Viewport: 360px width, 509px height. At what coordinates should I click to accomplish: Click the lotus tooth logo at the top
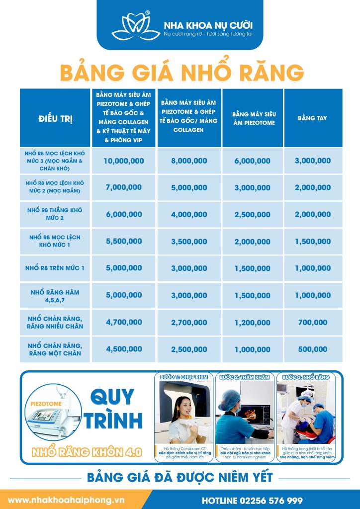click(x=133, y=25)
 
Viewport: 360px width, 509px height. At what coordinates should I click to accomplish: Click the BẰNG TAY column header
click(x=312, y=118)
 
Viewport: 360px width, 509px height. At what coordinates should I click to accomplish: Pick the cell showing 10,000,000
click(x=124, y=161)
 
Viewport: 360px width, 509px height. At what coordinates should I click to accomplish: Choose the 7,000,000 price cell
click(x=124, y=187)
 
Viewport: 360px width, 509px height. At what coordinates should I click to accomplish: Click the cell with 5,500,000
click(x=124, y=242)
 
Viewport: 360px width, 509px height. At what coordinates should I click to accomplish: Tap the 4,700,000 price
click(x=124, y=323)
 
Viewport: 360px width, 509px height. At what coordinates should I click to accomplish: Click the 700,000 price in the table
click(x=312, y=323)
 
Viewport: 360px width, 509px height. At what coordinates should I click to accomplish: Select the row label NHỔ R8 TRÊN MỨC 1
click(x=55, y=268)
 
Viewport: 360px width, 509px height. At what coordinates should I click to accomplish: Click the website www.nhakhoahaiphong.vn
click(x=66, y=499)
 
